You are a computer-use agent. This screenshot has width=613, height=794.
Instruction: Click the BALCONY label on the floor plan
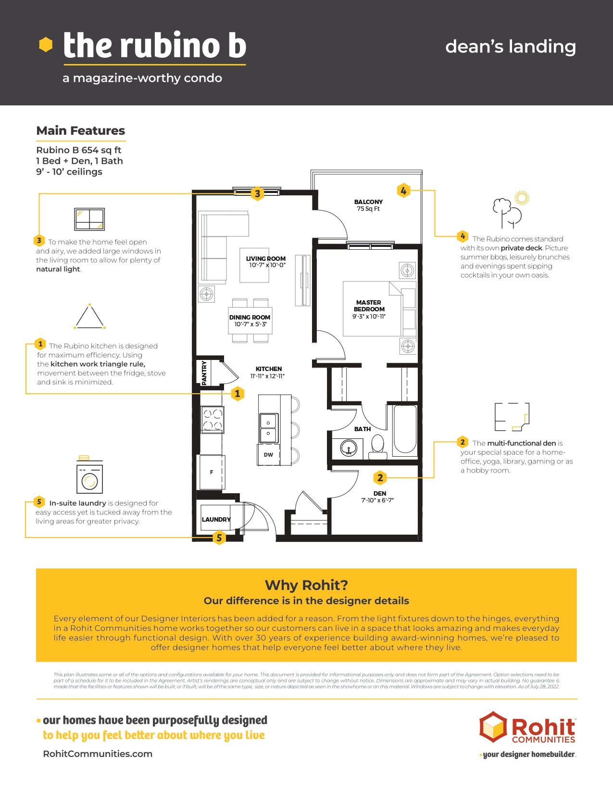point(368,202)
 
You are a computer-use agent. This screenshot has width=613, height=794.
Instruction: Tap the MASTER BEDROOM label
point(369,306)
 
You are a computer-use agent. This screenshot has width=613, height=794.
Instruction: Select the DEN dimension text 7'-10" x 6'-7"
point(377,500)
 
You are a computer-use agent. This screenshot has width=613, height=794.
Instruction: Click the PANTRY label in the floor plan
point(204,373)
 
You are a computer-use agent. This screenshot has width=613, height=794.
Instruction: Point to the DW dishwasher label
point(268,455)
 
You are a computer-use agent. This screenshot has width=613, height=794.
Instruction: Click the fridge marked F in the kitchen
point(211,472)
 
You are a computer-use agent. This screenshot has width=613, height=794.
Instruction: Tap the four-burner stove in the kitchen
point(213,420)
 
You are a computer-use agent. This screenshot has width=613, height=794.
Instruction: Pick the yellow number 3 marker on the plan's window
point(257,193)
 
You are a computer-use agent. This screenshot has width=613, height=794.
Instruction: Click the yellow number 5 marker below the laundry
point(219,538)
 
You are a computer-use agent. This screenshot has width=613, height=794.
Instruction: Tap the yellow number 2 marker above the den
point(380,477)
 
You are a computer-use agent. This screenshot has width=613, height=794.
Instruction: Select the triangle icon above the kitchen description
point(89,317)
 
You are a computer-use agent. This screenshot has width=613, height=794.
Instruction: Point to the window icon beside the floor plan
point(89,219)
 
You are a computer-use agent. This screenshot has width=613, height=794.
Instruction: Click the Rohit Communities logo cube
point(493,727)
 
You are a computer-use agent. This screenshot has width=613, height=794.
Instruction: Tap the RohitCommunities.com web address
point(98,754)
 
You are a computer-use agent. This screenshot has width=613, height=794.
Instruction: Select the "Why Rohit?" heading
point(306,585)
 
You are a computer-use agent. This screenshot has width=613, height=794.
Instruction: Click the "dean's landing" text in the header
point(511,47)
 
